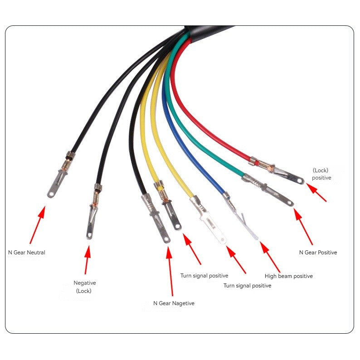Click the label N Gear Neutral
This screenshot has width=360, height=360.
27,253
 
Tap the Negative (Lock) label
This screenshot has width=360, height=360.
85,287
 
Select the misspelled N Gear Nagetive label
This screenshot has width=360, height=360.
174,303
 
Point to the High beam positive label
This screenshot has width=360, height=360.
289,276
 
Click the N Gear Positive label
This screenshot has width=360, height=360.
318,253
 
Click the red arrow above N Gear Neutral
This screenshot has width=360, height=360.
37,225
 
